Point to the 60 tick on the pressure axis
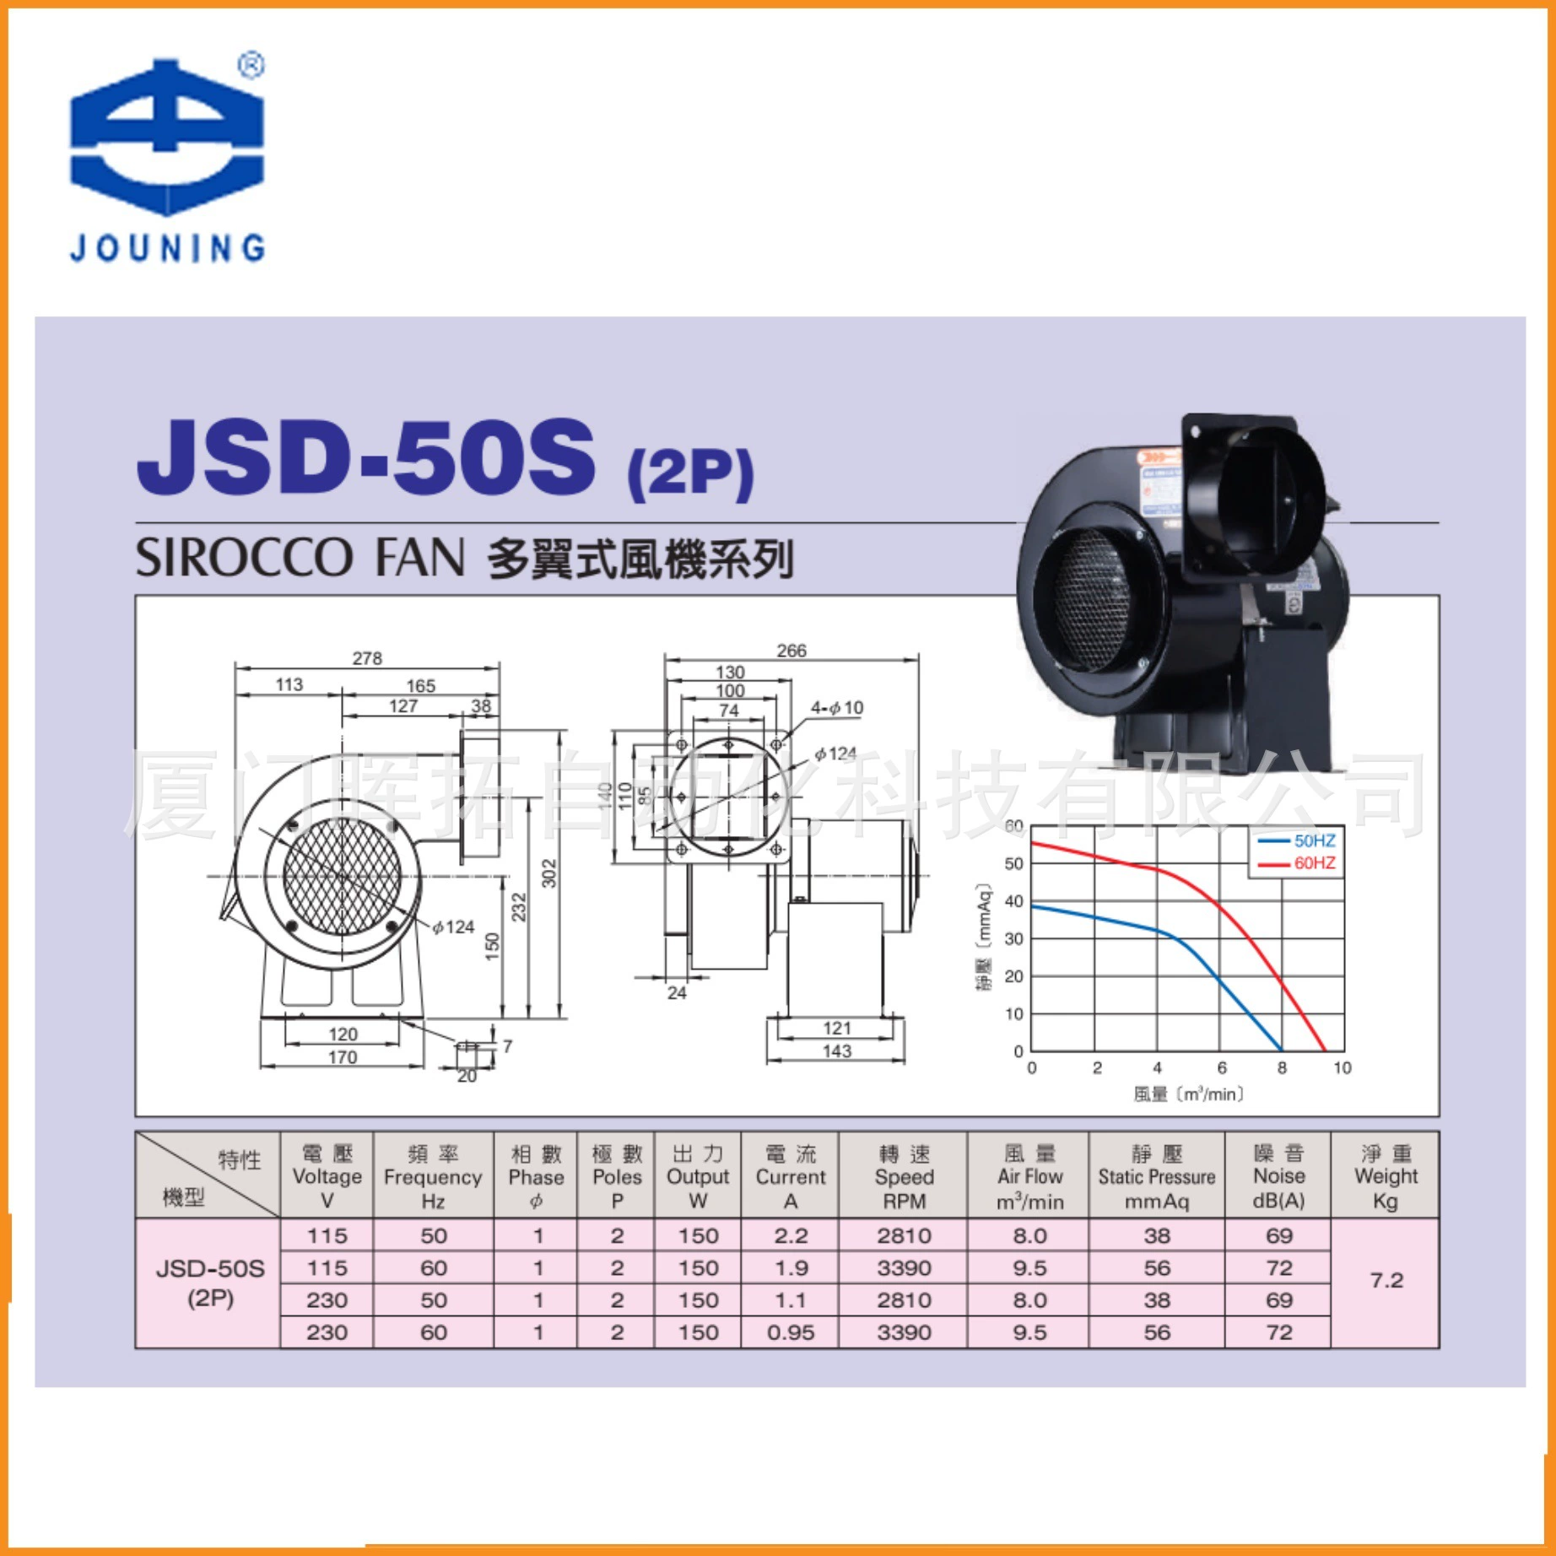click(1013, 826)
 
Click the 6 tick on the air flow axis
click(1221, 1067)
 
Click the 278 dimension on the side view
click(367, 658)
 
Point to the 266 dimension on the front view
click(791, 651)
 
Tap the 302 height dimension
click(549, 873)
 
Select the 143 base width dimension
click(836, 1051)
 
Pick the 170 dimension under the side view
click(342, 1057)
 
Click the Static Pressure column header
click(1156, 1176)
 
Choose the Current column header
click(790, 1176)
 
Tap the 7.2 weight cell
click(1386, 1281)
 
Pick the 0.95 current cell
click(790, 1332)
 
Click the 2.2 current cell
click(790, 1236)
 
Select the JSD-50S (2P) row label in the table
click(210, 1283)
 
